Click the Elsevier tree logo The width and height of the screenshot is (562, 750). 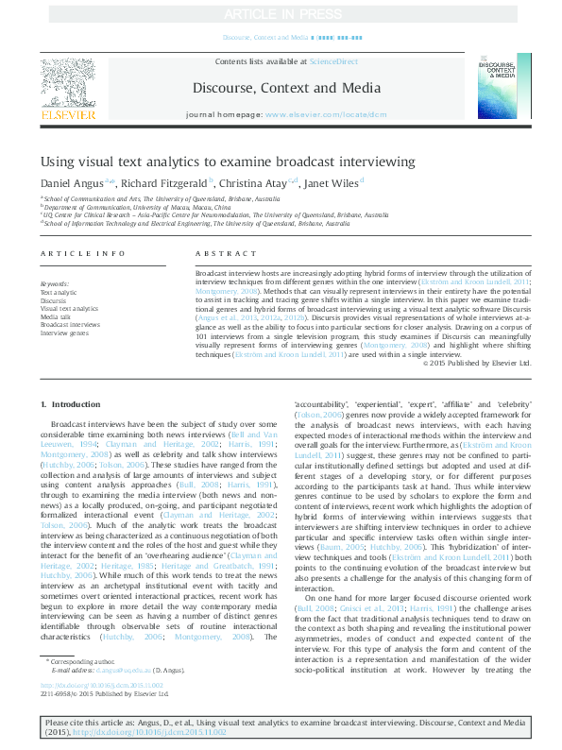coord(68,81)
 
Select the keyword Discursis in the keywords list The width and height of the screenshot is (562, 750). coord(54,301)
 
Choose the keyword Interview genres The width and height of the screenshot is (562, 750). coord(64,332)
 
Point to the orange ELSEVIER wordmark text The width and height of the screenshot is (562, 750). coord(68,116)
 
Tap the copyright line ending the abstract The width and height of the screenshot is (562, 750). coord(477,363)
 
